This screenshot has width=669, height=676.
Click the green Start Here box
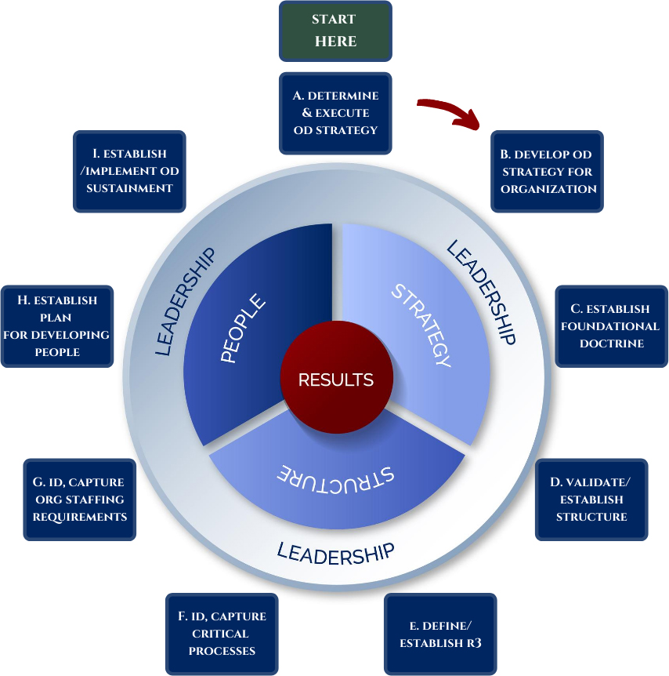(x=335, y=31)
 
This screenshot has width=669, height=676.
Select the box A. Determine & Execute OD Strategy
(x=335, y=113)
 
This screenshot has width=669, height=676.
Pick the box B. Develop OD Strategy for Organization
(x=547, y=171)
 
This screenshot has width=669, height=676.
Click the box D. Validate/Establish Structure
(x=591, y=500)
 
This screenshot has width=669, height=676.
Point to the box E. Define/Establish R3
(x=441, y=634)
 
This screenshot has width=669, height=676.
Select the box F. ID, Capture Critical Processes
(x=222, y=633)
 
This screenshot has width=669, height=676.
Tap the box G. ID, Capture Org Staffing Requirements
(x=80, y=500)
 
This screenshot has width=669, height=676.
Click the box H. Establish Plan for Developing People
(x=57, y=326)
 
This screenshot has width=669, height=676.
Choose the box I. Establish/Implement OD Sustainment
(x=129, y=171)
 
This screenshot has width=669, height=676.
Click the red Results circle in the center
(x=335, y=380)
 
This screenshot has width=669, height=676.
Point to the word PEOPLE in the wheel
(x=243, y=328)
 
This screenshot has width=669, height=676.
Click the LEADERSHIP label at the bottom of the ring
(x=335, y=552)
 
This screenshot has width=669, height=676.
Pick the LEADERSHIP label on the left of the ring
(x=185, y=302)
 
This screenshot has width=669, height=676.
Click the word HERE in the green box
(x=335, y=42)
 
